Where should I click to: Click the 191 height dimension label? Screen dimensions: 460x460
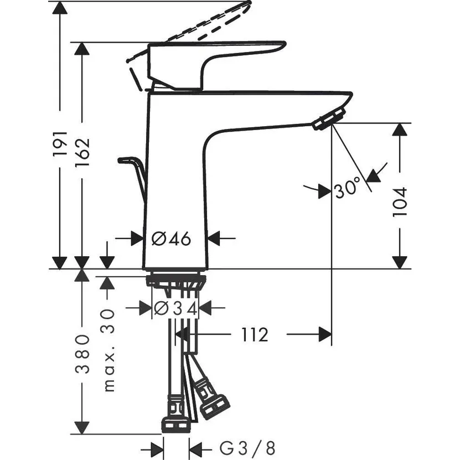tap(60, 143)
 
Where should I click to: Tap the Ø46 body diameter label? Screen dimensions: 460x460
tap(171, 239)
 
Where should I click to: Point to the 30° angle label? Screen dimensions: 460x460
tap(347, 190)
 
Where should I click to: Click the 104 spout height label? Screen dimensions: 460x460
tap(400, 201)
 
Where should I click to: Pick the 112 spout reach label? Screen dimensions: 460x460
tap(254, 334)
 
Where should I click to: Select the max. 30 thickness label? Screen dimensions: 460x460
tap(108, 350)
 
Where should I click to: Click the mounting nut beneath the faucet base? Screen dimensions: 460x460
tap(176, 281)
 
